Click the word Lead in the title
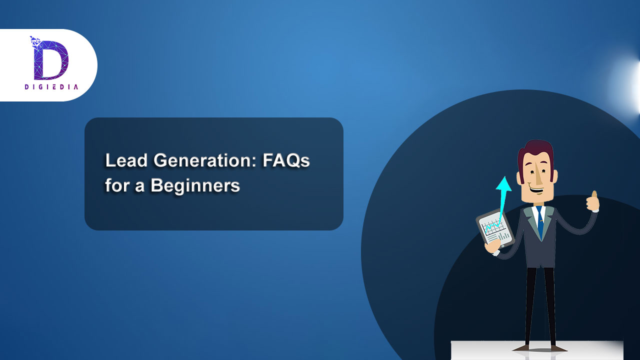pos(126,160)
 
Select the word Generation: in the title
pos(205,160)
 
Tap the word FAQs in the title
pos(286,160)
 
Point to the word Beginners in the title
pos(195,185)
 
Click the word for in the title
pos(117,185)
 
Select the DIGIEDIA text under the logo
pos(51,87)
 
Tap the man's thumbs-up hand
pos(592,201)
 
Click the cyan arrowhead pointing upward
pos(503,183)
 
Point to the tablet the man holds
pos(495,228)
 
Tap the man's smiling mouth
pos(536,190)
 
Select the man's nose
pos(538,177)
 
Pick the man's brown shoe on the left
pos(523,347)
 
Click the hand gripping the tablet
pos(492,246)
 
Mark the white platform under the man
pos(537,350)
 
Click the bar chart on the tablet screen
pos(504,236)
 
